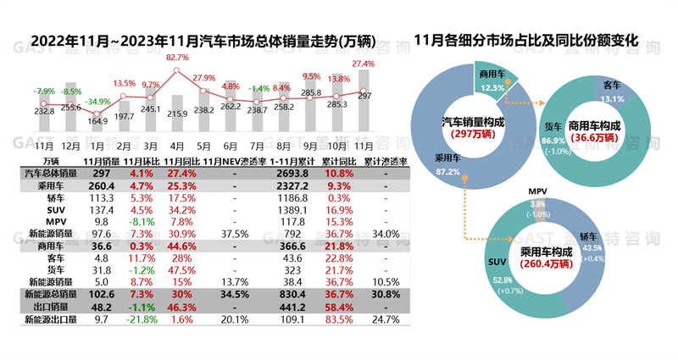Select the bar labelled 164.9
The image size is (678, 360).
tap(97, 135)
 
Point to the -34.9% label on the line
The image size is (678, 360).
tap(98, 102)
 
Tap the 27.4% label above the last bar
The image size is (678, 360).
tap(364, 64)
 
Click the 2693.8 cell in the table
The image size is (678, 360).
tap(292, 172)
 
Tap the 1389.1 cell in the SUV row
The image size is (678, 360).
tap(292, 209)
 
